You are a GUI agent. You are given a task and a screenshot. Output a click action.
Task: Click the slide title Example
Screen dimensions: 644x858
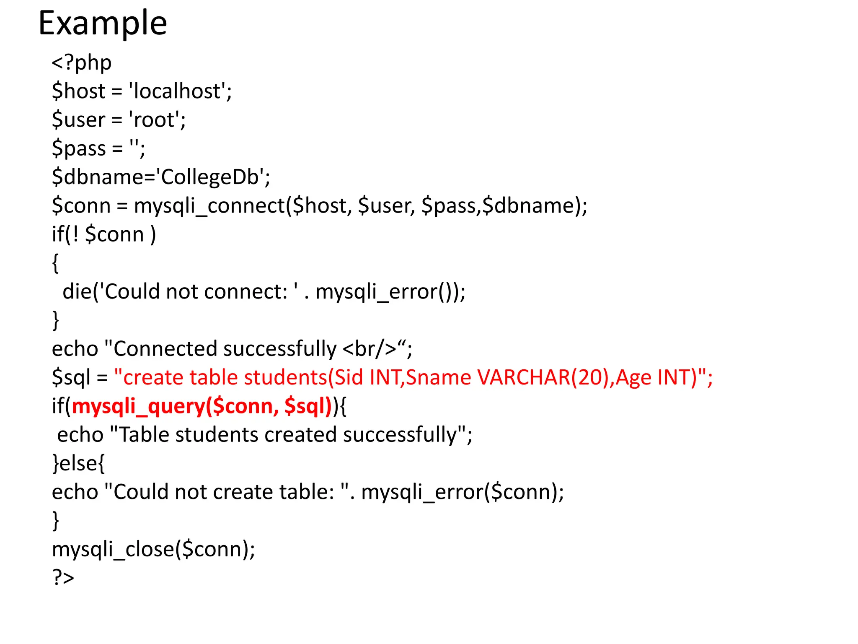(103, 23)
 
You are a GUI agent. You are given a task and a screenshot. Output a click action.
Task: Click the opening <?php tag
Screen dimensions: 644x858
(82, 63)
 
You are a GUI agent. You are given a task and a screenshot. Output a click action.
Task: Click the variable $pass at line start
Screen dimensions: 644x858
(79, 148)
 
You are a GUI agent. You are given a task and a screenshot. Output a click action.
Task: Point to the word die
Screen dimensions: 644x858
(77, 291)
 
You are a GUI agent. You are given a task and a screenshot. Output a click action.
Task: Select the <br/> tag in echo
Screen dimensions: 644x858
(369, 349)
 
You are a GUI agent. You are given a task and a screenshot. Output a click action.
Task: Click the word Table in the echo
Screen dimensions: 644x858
(144, 435)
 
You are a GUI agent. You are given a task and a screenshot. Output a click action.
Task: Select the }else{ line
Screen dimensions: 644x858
(78, 463)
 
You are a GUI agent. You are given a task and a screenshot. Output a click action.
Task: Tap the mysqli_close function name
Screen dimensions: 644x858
(113, 549)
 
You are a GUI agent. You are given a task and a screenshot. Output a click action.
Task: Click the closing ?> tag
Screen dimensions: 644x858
(63, 578)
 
